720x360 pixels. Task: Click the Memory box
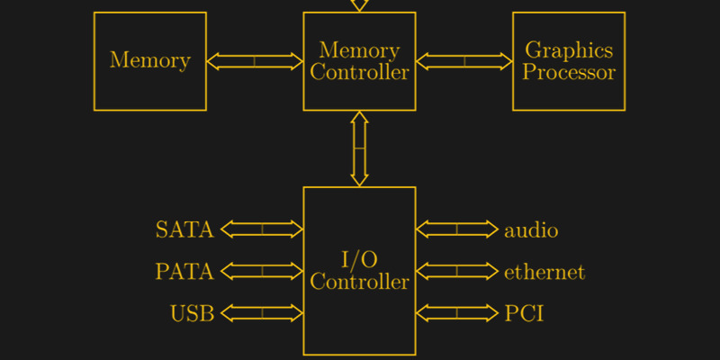(x=150, y=61)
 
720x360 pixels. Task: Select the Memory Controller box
(x=359, y=61)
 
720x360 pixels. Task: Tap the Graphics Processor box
(x=569, y=61)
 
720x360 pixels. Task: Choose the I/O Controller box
(x=359, y=271)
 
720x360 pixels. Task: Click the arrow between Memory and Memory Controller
(x=255, y=61)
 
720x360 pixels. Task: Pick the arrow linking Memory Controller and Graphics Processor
(x=464, y=61)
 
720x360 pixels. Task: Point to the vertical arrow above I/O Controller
(x=359, y=148)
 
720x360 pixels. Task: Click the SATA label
(x=184, y=229)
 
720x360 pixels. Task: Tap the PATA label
(x=184, y=272)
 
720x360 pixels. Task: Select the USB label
(x=192, y=314)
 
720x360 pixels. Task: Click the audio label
(x=531, y=230)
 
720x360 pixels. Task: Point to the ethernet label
(x=544, y=272)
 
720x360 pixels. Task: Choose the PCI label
(x=524, y=314)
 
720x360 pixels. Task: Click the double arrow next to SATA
(x=262, y=229)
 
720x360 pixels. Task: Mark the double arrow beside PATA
(x=262, y=271)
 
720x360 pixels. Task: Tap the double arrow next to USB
(x=262, y=313)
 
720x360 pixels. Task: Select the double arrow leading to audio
(x=457, y=229)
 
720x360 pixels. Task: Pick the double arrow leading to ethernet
(x=457, y=271)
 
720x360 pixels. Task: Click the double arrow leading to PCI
(x=457, y=313)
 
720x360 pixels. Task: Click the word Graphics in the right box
(x=569, y=50)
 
